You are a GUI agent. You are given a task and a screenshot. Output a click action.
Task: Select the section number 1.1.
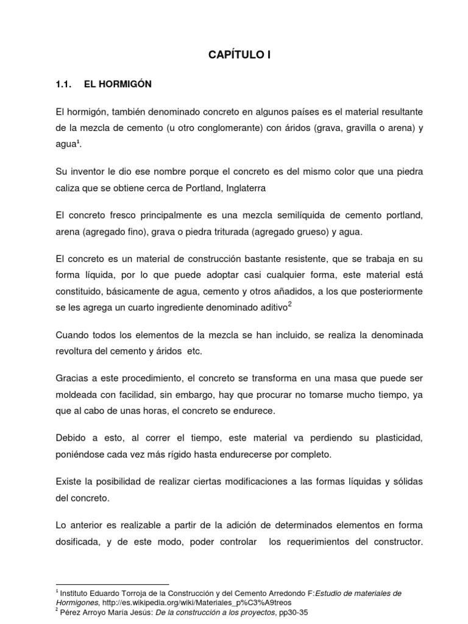pyautogui.click(x=64, y=85)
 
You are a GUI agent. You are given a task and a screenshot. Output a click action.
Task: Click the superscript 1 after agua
pyautogui.click(x=79, y=143)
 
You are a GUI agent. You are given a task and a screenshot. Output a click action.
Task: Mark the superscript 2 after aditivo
pyautogui.click(x=289, y=304)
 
